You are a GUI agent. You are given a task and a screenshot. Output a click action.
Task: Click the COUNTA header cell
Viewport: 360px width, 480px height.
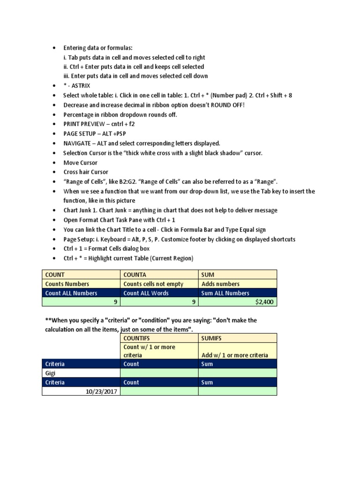(159, 274)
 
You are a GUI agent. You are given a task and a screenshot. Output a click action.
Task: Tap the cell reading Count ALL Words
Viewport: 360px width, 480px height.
(159, 293)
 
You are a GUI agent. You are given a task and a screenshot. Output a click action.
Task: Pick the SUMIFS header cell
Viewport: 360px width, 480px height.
(237, 337)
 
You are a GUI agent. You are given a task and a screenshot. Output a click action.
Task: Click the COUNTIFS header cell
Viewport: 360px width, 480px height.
(159, 337)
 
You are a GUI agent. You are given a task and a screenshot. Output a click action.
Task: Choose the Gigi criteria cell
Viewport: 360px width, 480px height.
(81, 373)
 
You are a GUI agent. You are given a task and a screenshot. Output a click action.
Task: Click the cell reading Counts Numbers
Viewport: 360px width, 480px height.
(81, 284)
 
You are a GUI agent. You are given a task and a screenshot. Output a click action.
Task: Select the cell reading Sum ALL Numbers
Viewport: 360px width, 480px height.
(237, 293)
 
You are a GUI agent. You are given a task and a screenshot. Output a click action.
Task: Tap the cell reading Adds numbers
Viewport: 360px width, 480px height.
(237, 284)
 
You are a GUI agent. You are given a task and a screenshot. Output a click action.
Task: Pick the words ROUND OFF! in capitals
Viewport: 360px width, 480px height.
(228, 105)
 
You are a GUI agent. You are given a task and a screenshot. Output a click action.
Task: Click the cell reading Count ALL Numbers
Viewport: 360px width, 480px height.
(81, 293)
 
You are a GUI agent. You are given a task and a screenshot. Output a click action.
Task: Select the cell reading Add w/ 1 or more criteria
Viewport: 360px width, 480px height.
(237, 355)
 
